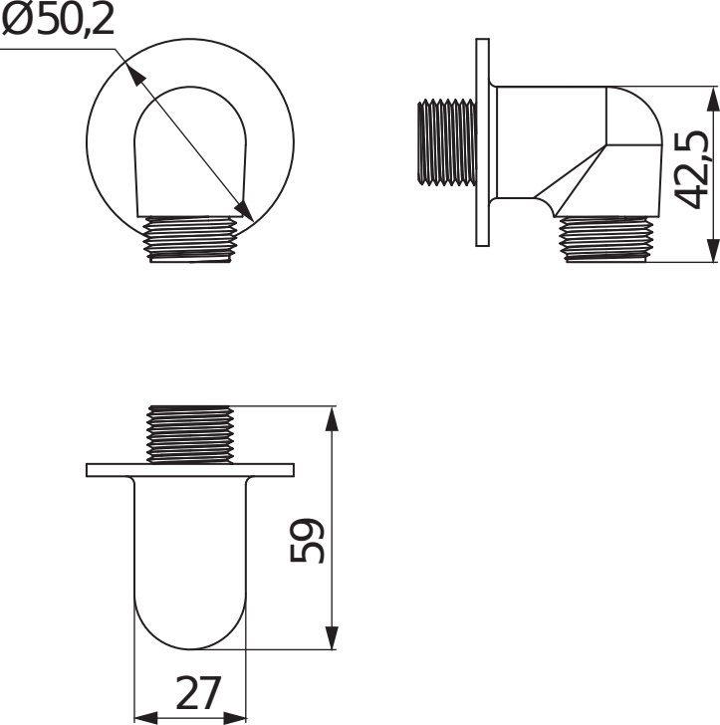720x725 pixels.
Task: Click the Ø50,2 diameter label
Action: pyautogui.click(x=58, y=21)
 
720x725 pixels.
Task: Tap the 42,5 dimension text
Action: pyautogui.click(x=691, y=170)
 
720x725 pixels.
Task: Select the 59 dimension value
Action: pyautogui.click(x=307, y=541)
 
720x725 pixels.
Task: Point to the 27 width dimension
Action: pyautogui.click(x=198, y=693)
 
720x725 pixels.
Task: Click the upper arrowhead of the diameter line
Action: pyautogui.click(x=133, y=74)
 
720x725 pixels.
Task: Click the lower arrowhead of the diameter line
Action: pyautogui.click(x=244, y=210)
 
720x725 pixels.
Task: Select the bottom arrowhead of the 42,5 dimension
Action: pyautogui.click(x=713, y=250)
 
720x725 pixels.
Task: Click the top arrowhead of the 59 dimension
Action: pyautogui.click(x=331, y=419)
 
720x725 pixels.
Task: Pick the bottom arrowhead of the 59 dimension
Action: pyautogui.click(x=331, y=638)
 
